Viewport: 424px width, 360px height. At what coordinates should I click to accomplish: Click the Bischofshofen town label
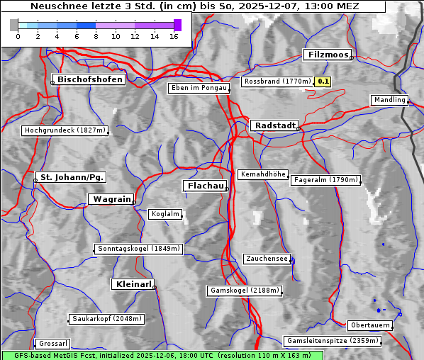pos(91,79)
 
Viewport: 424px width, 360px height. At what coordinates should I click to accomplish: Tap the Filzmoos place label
pos(328,55)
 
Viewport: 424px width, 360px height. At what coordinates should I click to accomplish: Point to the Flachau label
pos(205,186)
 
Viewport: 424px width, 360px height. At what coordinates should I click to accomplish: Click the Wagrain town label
pos(111,199)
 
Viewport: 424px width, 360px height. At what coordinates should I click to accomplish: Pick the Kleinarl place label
pos(133,284)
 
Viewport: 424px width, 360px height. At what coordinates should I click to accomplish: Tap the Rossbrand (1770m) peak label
pos(277,81)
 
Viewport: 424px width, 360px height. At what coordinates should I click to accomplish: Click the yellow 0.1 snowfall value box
pos(323,81)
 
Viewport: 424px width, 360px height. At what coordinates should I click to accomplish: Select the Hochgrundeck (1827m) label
pos(65,130)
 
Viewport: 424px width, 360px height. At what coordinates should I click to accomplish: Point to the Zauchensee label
pos(267,259)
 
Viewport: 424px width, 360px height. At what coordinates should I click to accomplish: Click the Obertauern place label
pos(370,325)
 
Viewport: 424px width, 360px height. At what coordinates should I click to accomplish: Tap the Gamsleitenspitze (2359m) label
pos(333,341)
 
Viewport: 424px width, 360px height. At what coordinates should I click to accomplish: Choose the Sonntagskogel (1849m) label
pos(139,249)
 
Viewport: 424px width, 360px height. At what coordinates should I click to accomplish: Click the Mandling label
pos(389,100)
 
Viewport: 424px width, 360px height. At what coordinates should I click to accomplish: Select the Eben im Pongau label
pos(199,88)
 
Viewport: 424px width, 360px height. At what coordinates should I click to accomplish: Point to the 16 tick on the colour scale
pos(174,36)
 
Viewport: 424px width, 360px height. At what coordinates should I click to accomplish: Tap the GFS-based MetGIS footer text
pos(157,355)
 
